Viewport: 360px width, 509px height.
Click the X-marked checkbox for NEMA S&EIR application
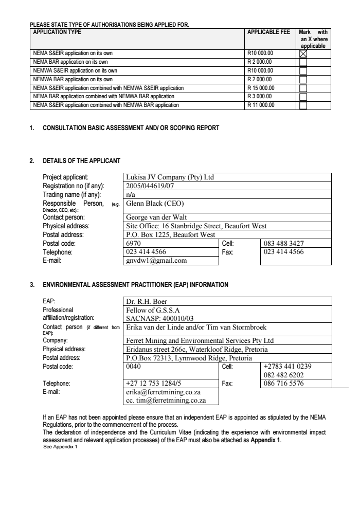(x=303, y=52)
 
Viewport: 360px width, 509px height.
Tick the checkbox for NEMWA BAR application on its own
(x=303, y=79)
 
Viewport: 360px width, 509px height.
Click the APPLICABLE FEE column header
(x=268, y=32)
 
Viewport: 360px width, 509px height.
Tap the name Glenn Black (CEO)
(x=151, y=203)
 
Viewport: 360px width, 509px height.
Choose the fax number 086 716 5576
(x=283, y=383)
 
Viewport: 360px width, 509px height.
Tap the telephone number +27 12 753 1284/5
(x=153, y=383)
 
